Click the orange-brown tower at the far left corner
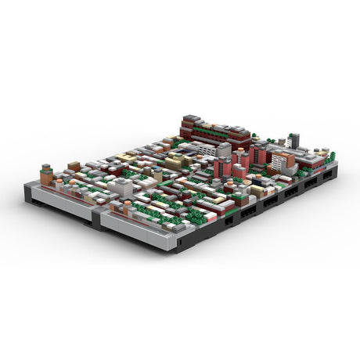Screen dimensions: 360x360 pos(46,176)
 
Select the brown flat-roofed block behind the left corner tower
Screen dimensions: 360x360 pos(74,167)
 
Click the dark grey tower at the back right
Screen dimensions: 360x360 pos(293,140)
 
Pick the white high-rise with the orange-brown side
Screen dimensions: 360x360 pos(280,162)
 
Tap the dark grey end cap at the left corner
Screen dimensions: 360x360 pos(29,191)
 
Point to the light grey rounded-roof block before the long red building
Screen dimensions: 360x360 pos(225,148)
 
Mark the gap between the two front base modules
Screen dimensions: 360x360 pos(97,219)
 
